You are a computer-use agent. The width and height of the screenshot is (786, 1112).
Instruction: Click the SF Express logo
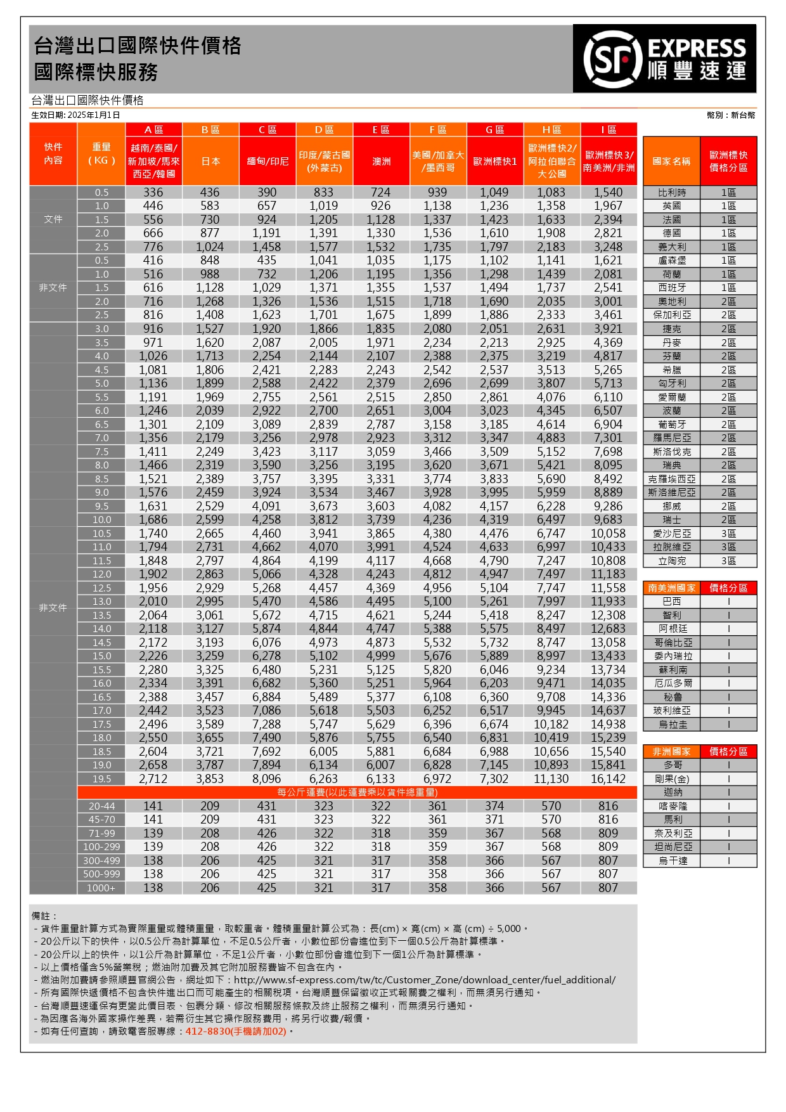pos(664,58)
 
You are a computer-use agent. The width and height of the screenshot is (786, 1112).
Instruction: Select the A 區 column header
pos(153,129)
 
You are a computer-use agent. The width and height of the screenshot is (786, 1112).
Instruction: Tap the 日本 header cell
pos(210,162)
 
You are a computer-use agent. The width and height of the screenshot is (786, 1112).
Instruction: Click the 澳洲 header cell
pos(381,162)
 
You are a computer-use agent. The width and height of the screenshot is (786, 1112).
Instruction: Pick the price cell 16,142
pos(608,779)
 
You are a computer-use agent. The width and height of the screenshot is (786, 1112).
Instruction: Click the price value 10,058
pos(608,533)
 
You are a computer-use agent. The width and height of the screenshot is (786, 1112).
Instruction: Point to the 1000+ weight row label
pos(101,888)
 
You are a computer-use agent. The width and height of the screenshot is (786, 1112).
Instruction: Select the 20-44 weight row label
pos(101,806)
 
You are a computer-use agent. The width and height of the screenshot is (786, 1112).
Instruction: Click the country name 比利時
pos(671,192)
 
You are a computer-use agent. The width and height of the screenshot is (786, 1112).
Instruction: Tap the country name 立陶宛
pos(671,560)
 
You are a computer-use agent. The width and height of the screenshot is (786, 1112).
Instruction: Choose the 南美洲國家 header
pos(671,588)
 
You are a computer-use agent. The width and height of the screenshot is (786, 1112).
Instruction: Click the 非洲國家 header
pos(671,751)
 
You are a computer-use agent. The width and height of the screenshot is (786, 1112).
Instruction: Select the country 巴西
pos(671,601)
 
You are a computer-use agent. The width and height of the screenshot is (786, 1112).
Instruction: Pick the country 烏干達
pos(671,860)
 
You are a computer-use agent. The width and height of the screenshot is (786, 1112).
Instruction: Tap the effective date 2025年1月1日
pos(93,115)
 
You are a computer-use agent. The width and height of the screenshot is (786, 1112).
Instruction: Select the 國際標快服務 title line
pos(96,72)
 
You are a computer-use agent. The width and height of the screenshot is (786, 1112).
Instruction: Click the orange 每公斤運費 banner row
pos(357,792)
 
